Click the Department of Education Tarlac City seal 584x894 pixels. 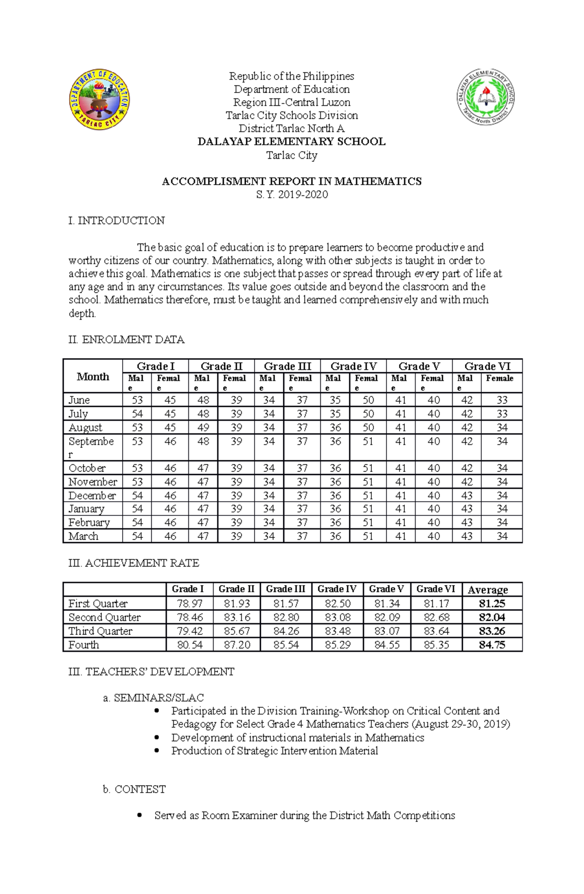99,99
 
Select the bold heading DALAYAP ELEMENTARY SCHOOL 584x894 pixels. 291,142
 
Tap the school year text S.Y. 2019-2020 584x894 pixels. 292,194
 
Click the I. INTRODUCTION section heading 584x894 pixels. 117,221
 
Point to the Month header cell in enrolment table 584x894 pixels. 92,377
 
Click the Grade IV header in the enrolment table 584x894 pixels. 353,366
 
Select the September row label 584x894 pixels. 91,447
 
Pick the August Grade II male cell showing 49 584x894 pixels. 203,428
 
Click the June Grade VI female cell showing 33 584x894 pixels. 502,400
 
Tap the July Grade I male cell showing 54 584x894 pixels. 137,414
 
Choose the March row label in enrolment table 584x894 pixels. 83,536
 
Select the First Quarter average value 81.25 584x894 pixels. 492,604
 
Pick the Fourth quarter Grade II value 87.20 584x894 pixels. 237,645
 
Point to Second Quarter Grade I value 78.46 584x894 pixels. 190,617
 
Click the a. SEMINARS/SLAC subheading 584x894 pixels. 153,698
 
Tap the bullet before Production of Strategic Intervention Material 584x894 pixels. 156,751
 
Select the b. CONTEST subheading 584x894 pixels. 134,789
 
